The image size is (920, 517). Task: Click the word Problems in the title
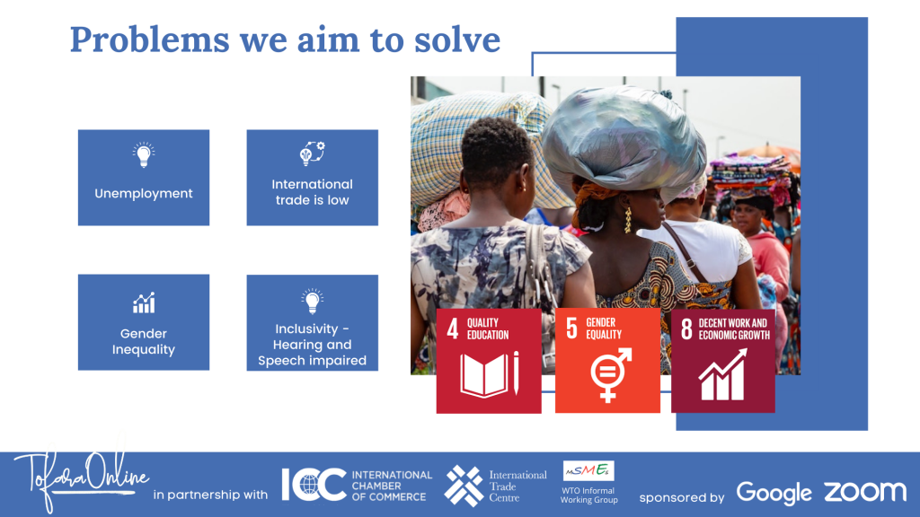tap(150, 39)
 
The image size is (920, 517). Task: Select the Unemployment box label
tap(144, 194)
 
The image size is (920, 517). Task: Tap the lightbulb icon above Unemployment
tap(144, 154)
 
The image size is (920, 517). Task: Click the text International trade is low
tap(312, 192)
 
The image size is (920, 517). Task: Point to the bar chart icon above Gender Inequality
tap(144, 302)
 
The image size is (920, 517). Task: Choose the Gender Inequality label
tap(144, 341)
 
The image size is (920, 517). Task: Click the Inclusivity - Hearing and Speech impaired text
tap(312, 345)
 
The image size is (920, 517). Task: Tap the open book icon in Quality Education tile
tap(490, 374)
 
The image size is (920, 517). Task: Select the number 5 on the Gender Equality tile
tap(572, 329)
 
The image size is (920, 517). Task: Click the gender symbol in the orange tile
tap(610, 374)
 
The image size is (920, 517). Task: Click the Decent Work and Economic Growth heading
tap(734, 329)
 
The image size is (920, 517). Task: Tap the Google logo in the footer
tap(774, 494)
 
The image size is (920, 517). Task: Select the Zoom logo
tap(865, 493)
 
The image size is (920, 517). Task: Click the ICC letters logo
tap(314, 485)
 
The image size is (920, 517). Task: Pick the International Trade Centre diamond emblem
tap(464, 486)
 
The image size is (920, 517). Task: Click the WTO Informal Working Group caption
tap(589, 495)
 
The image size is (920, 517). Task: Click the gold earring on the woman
tap(628, 220)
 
